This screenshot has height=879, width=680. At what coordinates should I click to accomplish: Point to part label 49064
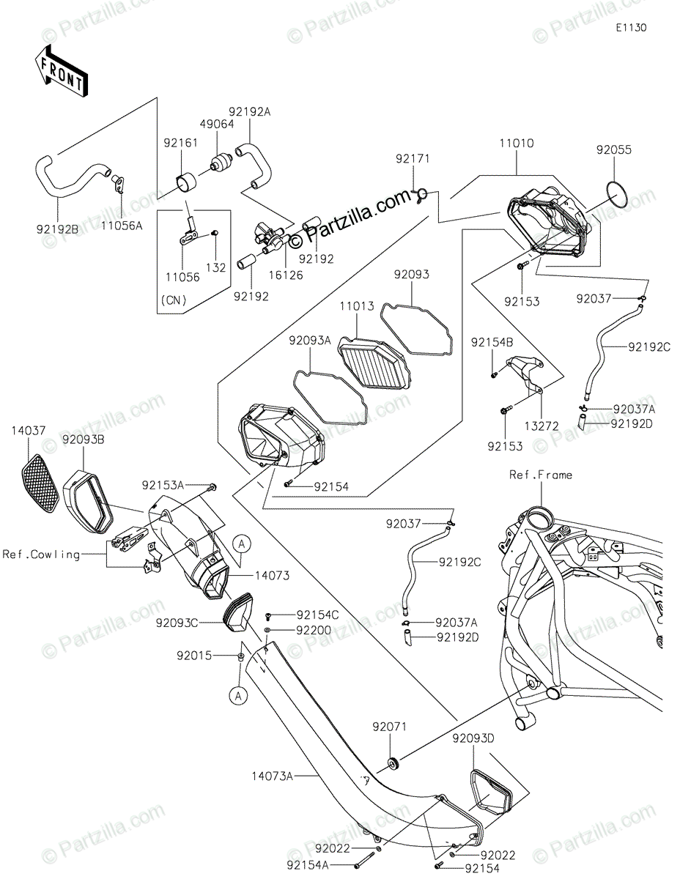219,124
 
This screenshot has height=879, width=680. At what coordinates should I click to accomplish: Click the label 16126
270,275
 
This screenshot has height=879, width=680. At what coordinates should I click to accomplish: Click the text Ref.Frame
541,475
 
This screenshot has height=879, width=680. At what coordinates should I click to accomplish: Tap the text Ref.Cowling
40,555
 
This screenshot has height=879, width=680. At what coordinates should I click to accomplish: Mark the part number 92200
314,630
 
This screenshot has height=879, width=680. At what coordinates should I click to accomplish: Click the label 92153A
163,485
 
